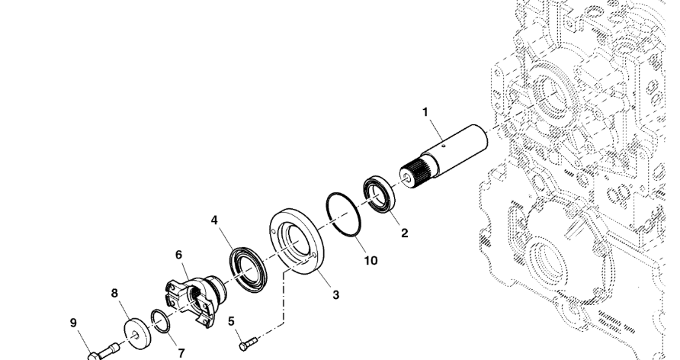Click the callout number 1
(425, 112)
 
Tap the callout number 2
(404, 233)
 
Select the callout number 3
(335, 295)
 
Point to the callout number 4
(214, 220)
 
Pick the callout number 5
(231, 321)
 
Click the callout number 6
(178, 255)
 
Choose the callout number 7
(181, 353)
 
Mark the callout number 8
(114, 293)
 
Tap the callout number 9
(73, 323)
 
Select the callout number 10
(370, 261)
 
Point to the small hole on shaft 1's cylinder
(444, 146)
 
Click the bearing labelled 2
(379, 194)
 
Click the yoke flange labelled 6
(195, 299)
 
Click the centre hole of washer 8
(136, 334)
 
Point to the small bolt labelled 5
(248, 343)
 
